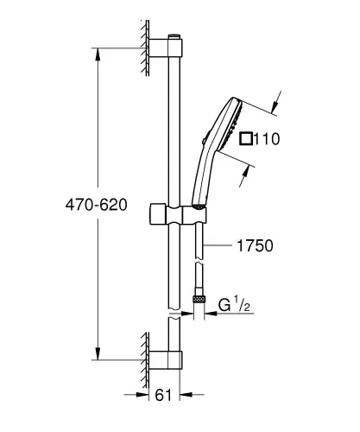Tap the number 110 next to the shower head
coord(268,137)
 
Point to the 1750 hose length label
coord(256,246)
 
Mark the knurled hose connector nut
coord(201,299)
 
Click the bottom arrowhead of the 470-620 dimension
coord(97,354)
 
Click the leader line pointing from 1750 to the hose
coord(221,246)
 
